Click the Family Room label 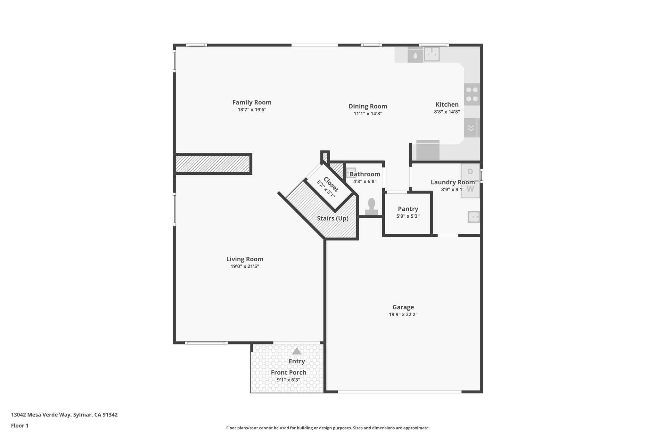point(252,102)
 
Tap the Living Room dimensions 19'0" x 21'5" point(245,266)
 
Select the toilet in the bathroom point(372,207)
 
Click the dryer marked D point(470,172)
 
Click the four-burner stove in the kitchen point(472,94)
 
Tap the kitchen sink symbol point(432,54)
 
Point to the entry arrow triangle point(297,351)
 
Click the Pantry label point(408,209)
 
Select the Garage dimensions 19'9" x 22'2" point(403,314)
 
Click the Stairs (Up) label point(332,218)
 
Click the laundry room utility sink point(474,217)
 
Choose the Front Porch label point(288,372)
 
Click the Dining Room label point(368,106)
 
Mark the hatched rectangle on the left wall point(213,164)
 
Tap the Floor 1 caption point(20,426)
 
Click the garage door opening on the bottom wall point(399,392)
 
